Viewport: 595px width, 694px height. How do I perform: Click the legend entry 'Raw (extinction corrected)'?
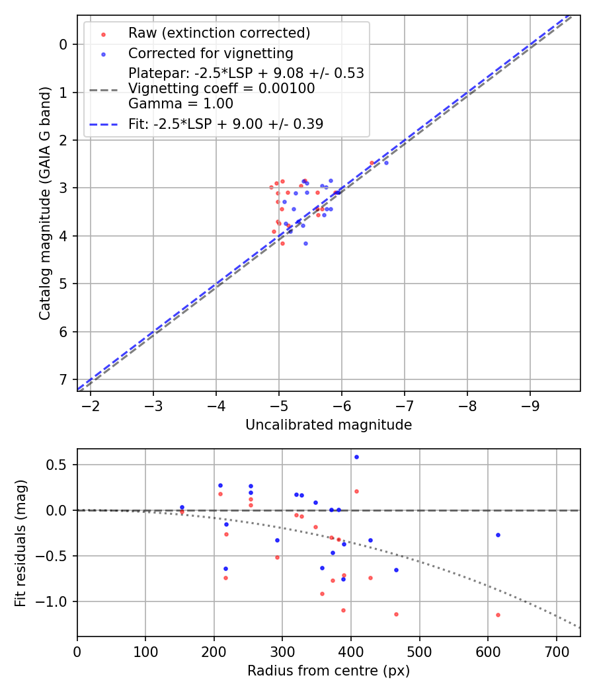click(x=219, y=33)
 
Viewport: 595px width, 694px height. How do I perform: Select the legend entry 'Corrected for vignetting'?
click(x=210, y=53)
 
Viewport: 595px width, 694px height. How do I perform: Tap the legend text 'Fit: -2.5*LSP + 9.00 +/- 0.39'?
click(x=225, y=124)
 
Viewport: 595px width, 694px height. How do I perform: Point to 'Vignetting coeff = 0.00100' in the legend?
click(x=221, y=88)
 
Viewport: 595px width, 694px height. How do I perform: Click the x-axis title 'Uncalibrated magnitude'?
click(x=329, y=425)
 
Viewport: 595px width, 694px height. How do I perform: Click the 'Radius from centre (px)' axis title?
click(x=329, y=671)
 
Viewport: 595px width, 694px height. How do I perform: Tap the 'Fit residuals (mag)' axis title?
click(x=20, y=543)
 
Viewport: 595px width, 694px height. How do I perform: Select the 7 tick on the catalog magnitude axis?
click(x=63, y=379)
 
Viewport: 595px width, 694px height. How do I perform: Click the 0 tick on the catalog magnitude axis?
click(x=63, y=44)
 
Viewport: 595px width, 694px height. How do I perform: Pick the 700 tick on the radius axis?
click(x=556, y=651)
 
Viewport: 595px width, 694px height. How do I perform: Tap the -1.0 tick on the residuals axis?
click(x=56, y=601)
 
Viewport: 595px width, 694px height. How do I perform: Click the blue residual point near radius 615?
click(x=498, y=535)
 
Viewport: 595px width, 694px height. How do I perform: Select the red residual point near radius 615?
click(x=498, y=615)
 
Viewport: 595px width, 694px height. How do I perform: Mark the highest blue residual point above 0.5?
click(x=356, y=457)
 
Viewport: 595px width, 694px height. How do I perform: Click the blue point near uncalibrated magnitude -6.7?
click(x=386, y=163)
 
